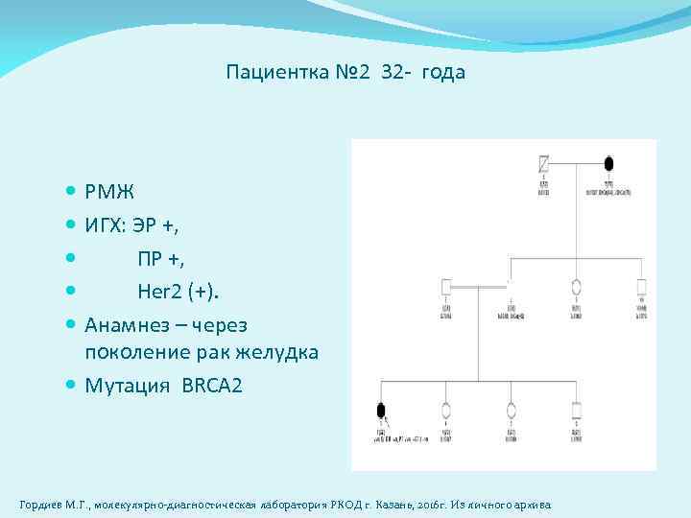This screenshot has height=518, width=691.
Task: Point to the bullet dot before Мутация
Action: click(73, 387)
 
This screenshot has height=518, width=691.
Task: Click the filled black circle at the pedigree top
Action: click(608, 163)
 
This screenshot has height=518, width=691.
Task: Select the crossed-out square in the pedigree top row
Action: click(544, 162)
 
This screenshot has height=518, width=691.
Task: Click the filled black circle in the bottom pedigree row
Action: click(381, 411)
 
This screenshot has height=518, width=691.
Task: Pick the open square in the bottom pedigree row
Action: click(576, 411)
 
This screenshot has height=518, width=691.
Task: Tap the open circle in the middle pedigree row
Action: click(576, 286)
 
